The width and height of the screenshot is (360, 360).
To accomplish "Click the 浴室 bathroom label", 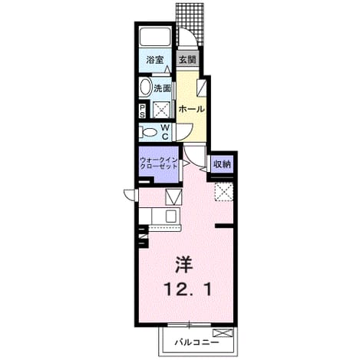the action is tap(155, 60).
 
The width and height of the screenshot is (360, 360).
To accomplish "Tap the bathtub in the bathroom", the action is tap(155, 36).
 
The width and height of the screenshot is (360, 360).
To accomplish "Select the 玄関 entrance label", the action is tap(187, 59).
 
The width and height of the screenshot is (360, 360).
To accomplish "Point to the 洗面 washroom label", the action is tap(162, 88).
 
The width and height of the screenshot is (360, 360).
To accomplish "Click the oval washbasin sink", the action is tap(146, 88).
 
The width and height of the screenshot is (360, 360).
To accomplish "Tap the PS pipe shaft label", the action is tap(142, 111).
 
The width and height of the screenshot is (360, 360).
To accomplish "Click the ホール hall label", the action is tap(192, 109).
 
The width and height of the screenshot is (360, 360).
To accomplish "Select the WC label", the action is tap(165, 131).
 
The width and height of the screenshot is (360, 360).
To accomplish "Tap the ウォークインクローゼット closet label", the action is tap(159, 163).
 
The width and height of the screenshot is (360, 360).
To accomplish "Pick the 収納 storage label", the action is tap(222, 164).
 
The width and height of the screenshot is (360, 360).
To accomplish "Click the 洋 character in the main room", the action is tap(183, 265).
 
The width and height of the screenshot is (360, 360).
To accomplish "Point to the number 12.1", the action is tap(187, 289).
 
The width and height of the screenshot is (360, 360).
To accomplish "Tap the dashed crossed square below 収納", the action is tap(223, 192).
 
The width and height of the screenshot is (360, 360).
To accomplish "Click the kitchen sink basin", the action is tap(170, 216).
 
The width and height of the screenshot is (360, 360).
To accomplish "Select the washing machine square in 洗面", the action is tap(162, 110).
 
